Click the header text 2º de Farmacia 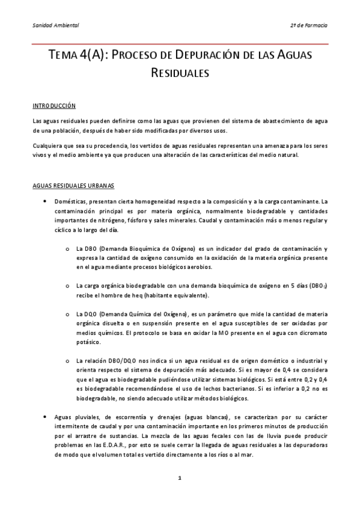(309, 25)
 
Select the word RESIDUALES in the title (180, 73)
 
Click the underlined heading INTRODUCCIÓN (54, 105)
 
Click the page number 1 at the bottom (179, 478)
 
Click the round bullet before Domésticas (45, 201)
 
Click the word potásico (88, 342)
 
